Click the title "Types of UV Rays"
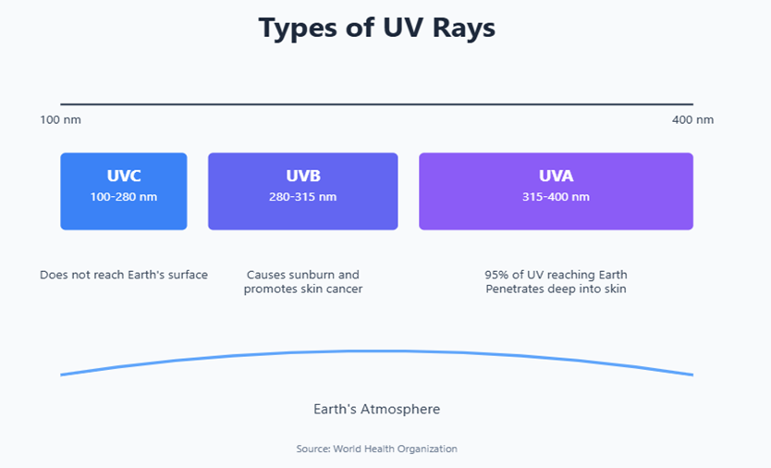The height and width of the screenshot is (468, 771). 376,28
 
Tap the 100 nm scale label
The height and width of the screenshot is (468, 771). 60,119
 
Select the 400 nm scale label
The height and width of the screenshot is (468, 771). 692,119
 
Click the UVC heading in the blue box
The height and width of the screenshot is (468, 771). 124,176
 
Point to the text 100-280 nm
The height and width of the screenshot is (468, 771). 124,197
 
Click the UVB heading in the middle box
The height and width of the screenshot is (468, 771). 303,176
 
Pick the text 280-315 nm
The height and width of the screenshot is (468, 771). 303,197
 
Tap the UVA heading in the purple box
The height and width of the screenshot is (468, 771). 557,176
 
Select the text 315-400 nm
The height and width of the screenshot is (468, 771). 557,197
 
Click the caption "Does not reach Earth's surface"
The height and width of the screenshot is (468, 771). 124,275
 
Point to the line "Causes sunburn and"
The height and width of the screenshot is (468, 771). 303,275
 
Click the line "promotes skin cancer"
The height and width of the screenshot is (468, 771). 303,289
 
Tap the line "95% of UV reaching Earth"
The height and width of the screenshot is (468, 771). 557,275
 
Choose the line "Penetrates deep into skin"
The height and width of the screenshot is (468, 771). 557,289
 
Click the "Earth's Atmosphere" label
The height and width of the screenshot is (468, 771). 376,409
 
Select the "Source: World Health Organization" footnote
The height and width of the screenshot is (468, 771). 376,449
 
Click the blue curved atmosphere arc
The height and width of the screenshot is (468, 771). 376,351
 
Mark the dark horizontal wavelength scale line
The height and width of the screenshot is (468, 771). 376,105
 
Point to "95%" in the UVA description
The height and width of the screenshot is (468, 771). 496,275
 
